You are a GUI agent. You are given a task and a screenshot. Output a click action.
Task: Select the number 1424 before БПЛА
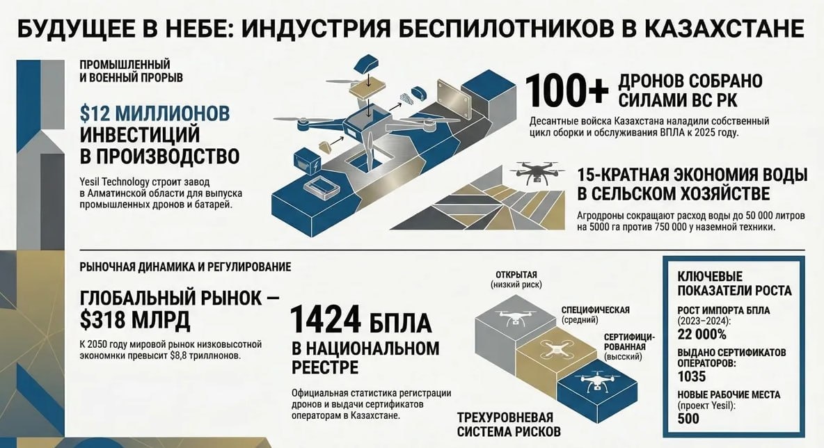326,321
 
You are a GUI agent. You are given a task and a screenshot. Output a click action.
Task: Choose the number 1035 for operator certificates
692,376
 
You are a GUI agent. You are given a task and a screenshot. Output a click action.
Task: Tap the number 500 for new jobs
689,419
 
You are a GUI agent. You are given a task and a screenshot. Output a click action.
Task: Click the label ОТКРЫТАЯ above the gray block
516,274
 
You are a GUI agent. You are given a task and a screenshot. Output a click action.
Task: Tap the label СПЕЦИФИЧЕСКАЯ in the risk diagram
595,310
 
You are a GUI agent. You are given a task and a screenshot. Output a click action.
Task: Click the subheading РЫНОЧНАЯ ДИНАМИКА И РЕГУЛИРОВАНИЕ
185,266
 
